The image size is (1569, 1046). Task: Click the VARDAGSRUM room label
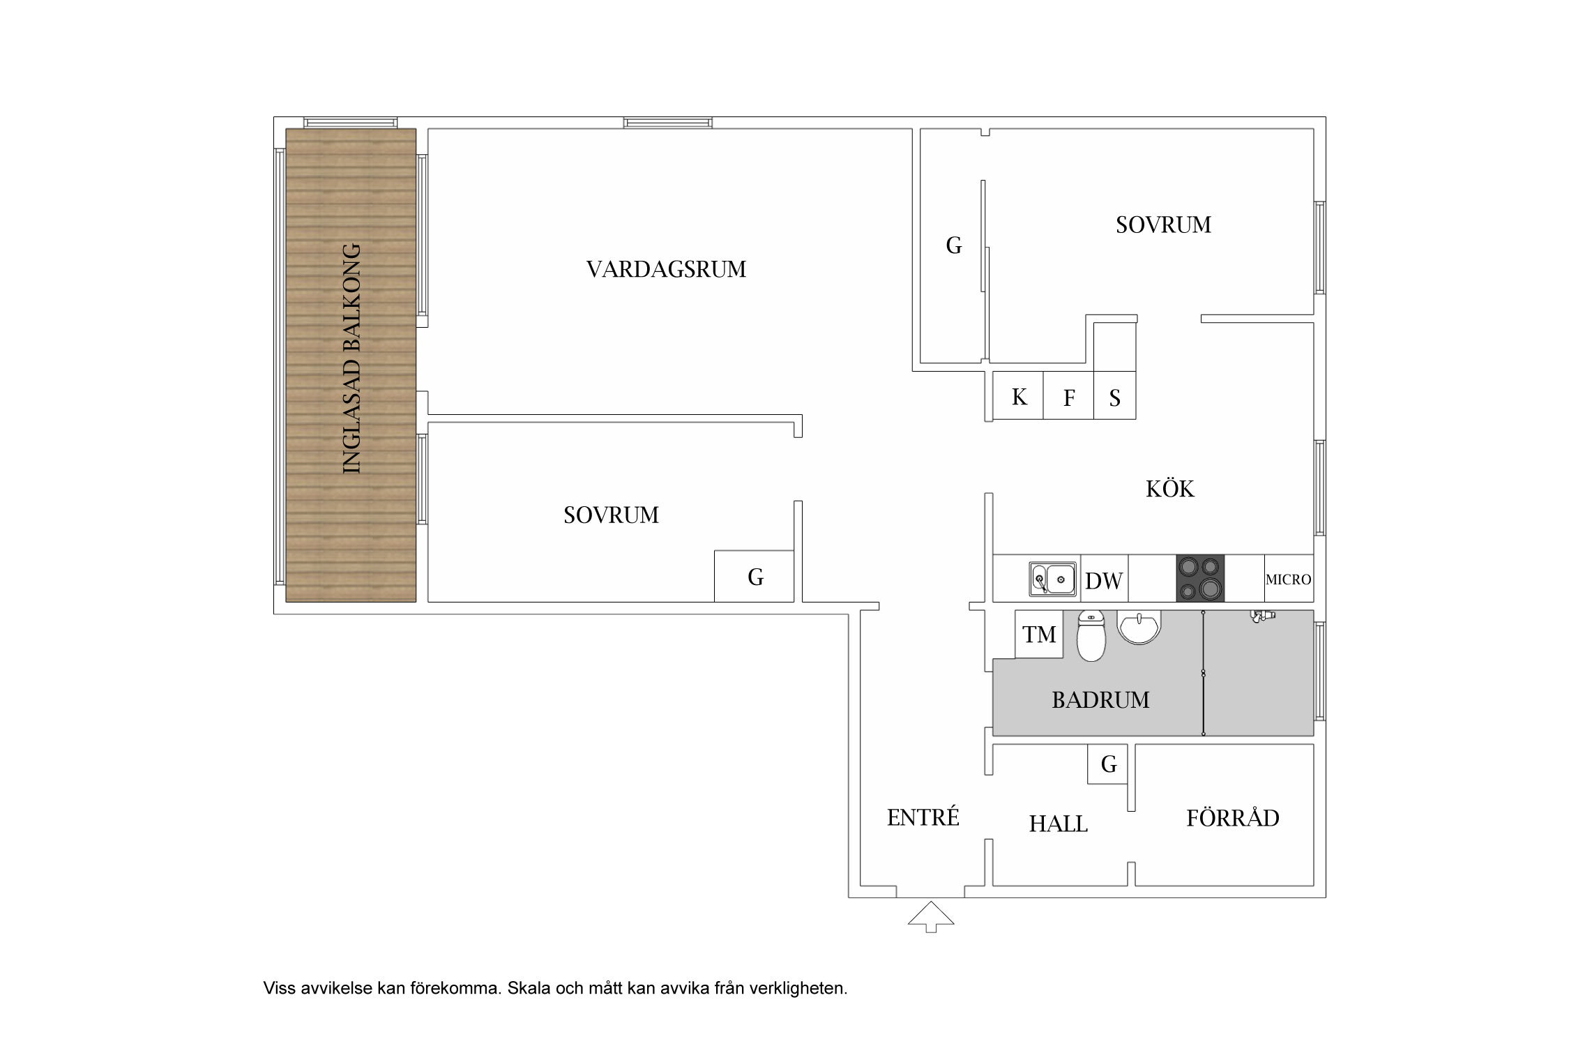click(x=666, y=269)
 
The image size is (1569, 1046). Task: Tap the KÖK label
click(x=1169, y=488)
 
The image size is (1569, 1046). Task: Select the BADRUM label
click(x=1100, y=699)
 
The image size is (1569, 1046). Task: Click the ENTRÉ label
click(x=923, y=817)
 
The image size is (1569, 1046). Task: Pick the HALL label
click(x=1058, y=824)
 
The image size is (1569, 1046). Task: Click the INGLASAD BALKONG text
click(x=352, y=358)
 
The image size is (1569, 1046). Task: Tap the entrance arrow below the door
click(x=930, y=916)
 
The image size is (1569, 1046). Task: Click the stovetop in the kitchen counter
click(x=1200, y=578)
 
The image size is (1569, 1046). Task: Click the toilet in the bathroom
click(x=1091, y=635)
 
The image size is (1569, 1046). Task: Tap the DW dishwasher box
click(x=1104, y=578)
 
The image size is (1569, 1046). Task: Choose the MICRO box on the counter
click(x=1289, y=578)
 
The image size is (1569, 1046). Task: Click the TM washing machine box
click(x=1039, y=634)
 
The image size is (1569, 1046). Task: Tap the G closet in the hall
click(x=1108, y=764)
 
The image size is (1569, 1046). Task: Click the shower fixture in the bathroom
click(x=1263, y=616)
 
